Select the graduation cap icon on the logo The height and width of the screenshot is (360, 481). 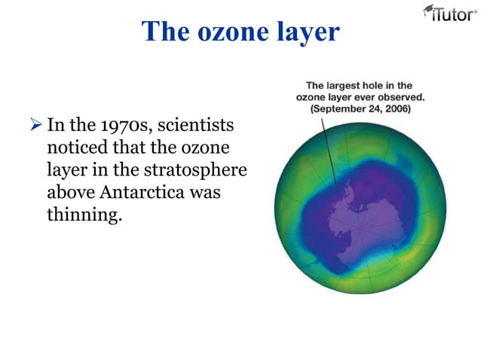[x=429, y=8]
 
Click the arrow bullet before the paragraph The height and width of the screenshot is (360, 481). [x=38, y=124]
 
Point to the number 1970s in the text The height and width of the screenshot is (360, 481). [x=126, y=124]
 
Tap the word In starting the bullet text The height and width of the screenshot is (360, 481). [x=56, y=124]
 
